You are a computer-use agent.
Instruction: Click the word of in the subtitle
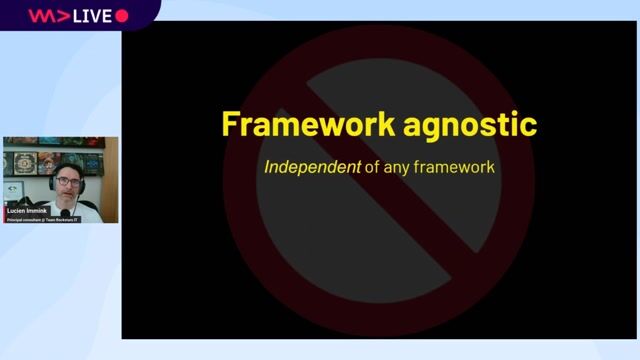click(371, 167)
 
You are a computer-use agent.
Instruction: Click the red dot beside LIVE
click(122, 16)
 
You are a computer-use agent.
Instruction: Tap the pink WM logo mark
click(45, 16)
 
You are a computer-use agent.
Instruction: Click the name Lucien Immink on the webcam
click(27, 211)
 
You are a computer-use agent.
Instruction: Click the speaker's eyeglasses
click(67, 182)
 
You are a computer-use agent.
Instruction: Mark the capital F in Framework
click(230, 125)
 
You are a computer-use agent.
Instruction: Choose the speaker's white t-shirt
click(88, 209)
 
